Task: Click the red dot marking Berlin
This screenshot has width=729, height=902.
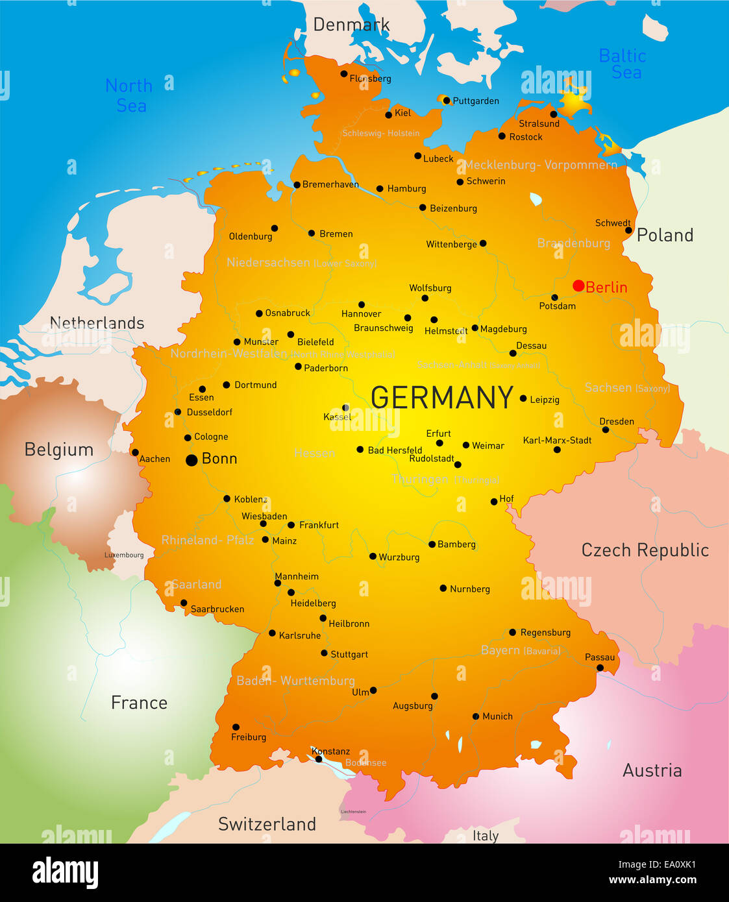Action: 578,286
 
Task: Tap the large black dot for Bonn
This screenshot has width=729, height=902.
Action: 192,460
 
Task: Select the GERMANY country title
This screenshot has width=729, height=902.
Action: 442,397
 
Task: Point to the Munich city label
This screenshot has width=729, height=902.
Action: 497,716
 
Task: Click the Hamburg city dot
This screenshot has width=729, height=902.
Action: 380,189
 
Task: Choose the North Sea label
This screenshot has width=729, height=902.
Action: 129,95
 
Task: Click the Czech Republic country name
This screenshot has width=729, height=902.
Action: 645,550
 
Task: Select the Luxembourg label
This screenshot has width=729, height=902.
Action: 124,555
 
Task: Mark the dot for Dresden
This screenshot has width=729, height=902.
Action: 606,430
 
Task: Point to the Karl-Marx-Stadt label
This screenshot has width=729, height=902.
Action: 557,440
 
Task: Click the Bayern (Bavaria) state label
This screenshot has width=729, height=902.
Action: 521,650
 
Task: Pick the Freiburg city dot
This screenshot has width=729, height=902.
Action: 236,727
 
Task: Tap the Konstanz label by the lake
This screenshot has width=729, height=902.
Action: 330,751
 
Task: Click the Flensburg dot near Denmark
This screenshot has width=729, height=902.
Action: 344,73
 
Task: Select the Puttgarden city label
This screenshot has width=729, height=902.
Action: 475,101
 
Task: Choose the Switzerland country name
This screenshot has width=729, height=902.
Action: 267,824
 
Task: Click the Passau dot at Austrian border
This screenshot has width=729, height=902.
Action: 600,668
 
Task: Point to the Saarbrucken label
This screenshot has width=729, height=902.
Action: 217,609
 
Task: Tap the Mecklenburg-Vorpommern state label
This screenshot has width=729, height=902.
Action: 540,165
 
